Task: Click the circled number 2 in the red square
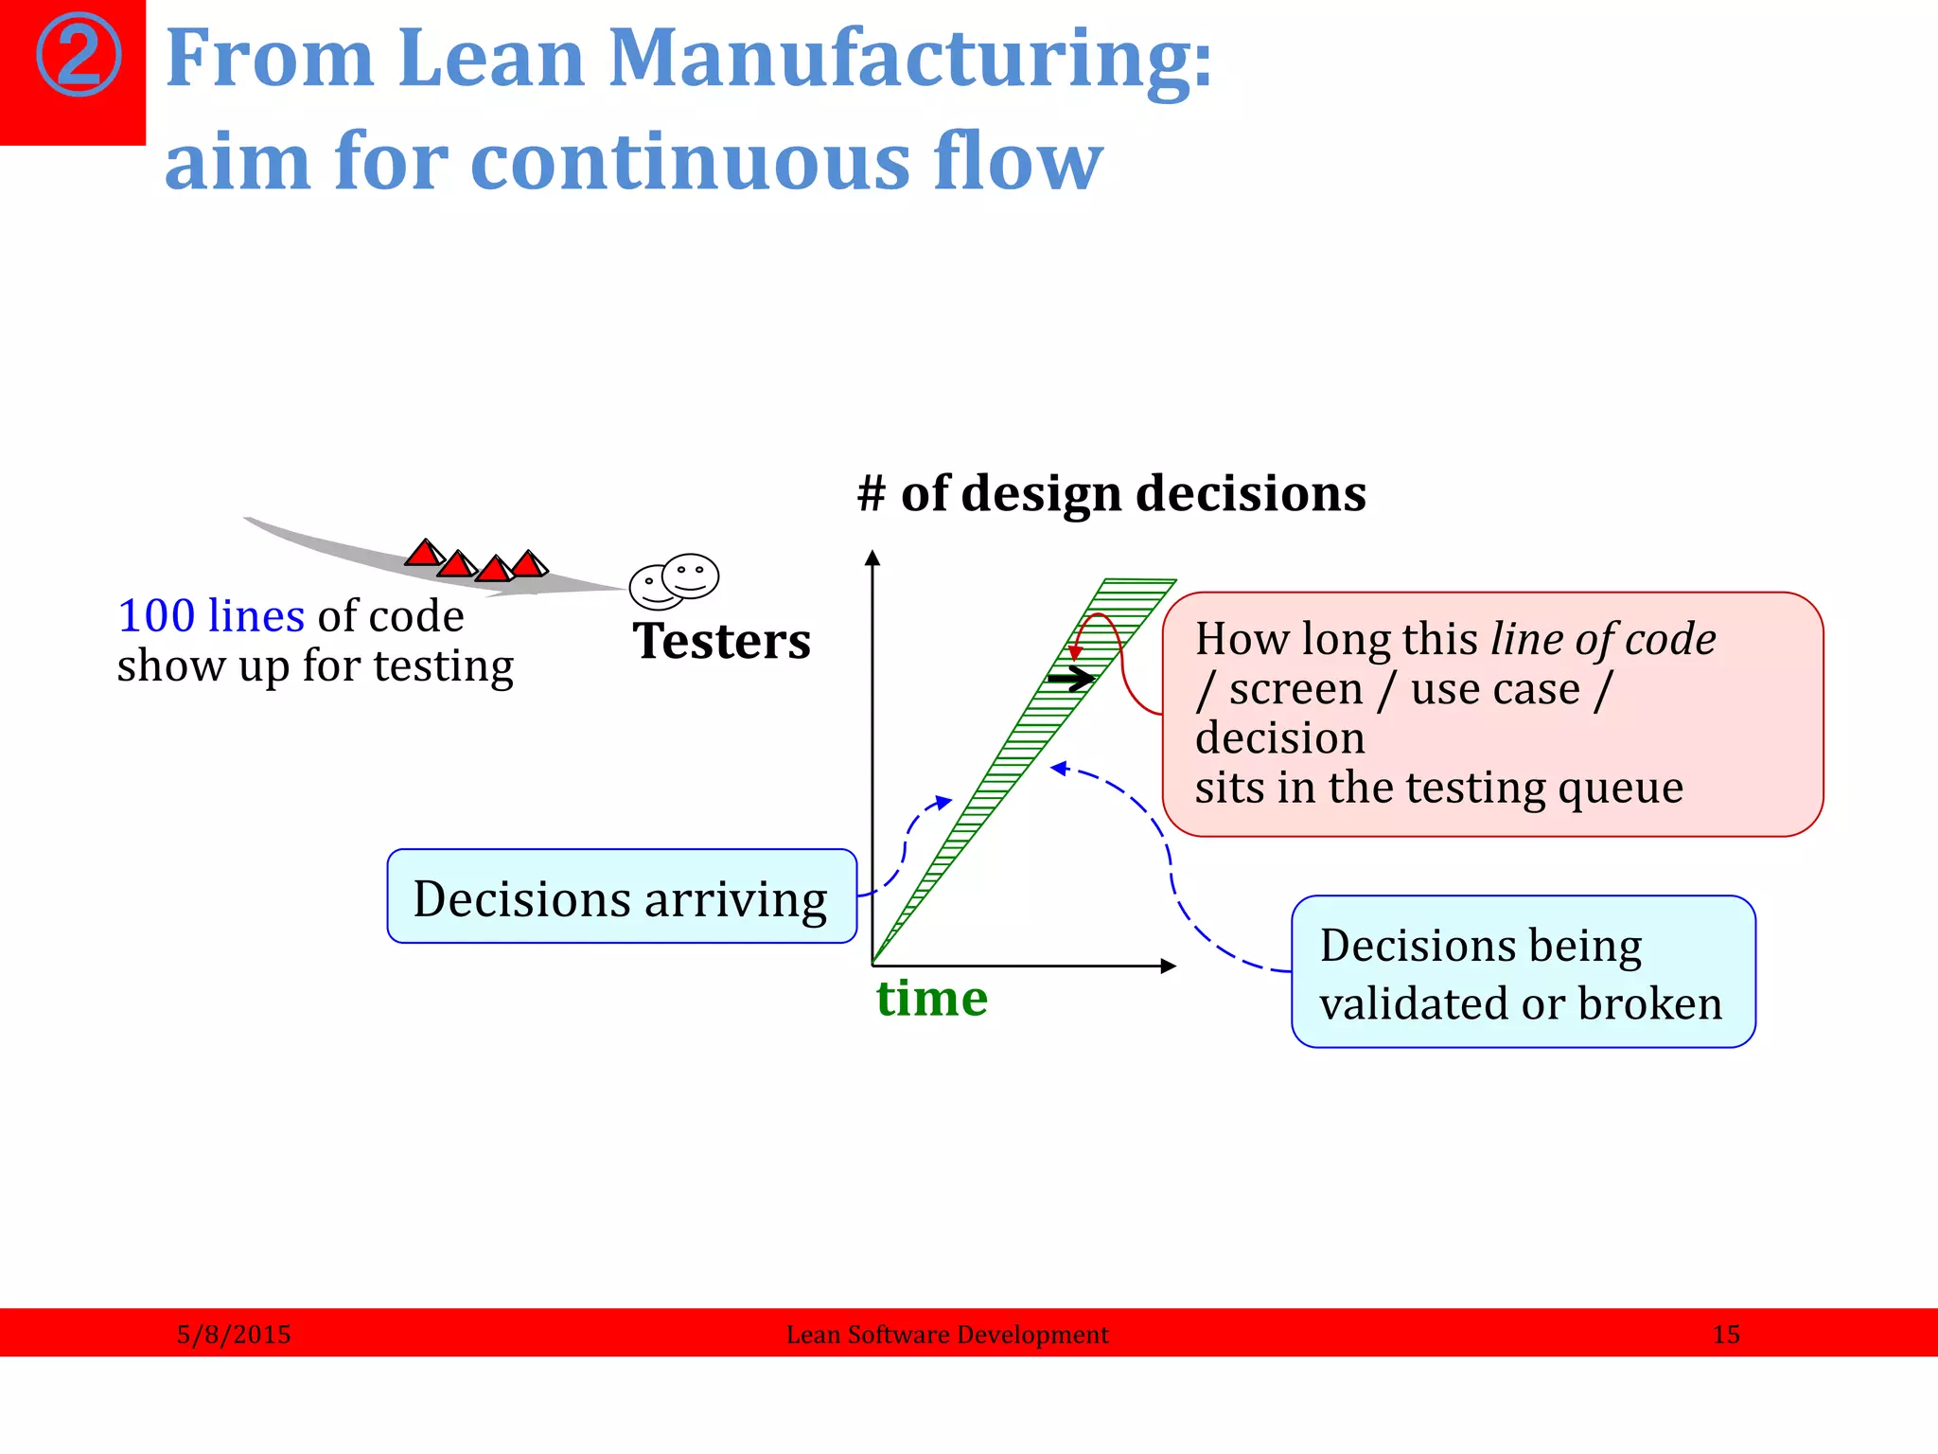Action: coord(79,55)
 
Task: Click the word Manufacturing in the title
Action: coord(908,59)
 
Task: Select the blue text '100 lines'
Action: coord(211,616)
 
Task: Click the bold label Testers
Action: coord(721,642)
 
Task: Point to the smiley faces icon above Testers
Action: coord(675,580)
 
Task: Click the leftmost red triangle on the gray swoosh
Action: coord(424,554)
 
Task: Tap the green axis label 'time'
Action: coord(931,1000)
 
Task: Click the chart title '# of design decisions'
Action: coord(1111,494)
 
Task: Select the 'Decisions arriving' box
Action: coord(622,897)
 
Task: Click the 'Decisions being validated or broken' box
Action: coord(1523,972)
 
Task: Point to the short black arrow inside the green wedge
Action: coord(1071,679)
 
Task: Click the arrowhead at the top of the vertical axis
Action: coord(872,558)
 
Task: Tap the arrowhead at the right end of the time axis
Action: coord(1170,966)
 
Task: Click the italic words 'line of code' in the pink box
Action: coord(1603,639)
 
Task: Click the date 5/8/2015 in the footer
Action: coord(234,1335)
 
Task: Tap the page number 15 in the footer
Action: coord(1726,1335)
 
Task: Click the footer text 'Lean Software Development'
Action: coord(947,1335)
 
